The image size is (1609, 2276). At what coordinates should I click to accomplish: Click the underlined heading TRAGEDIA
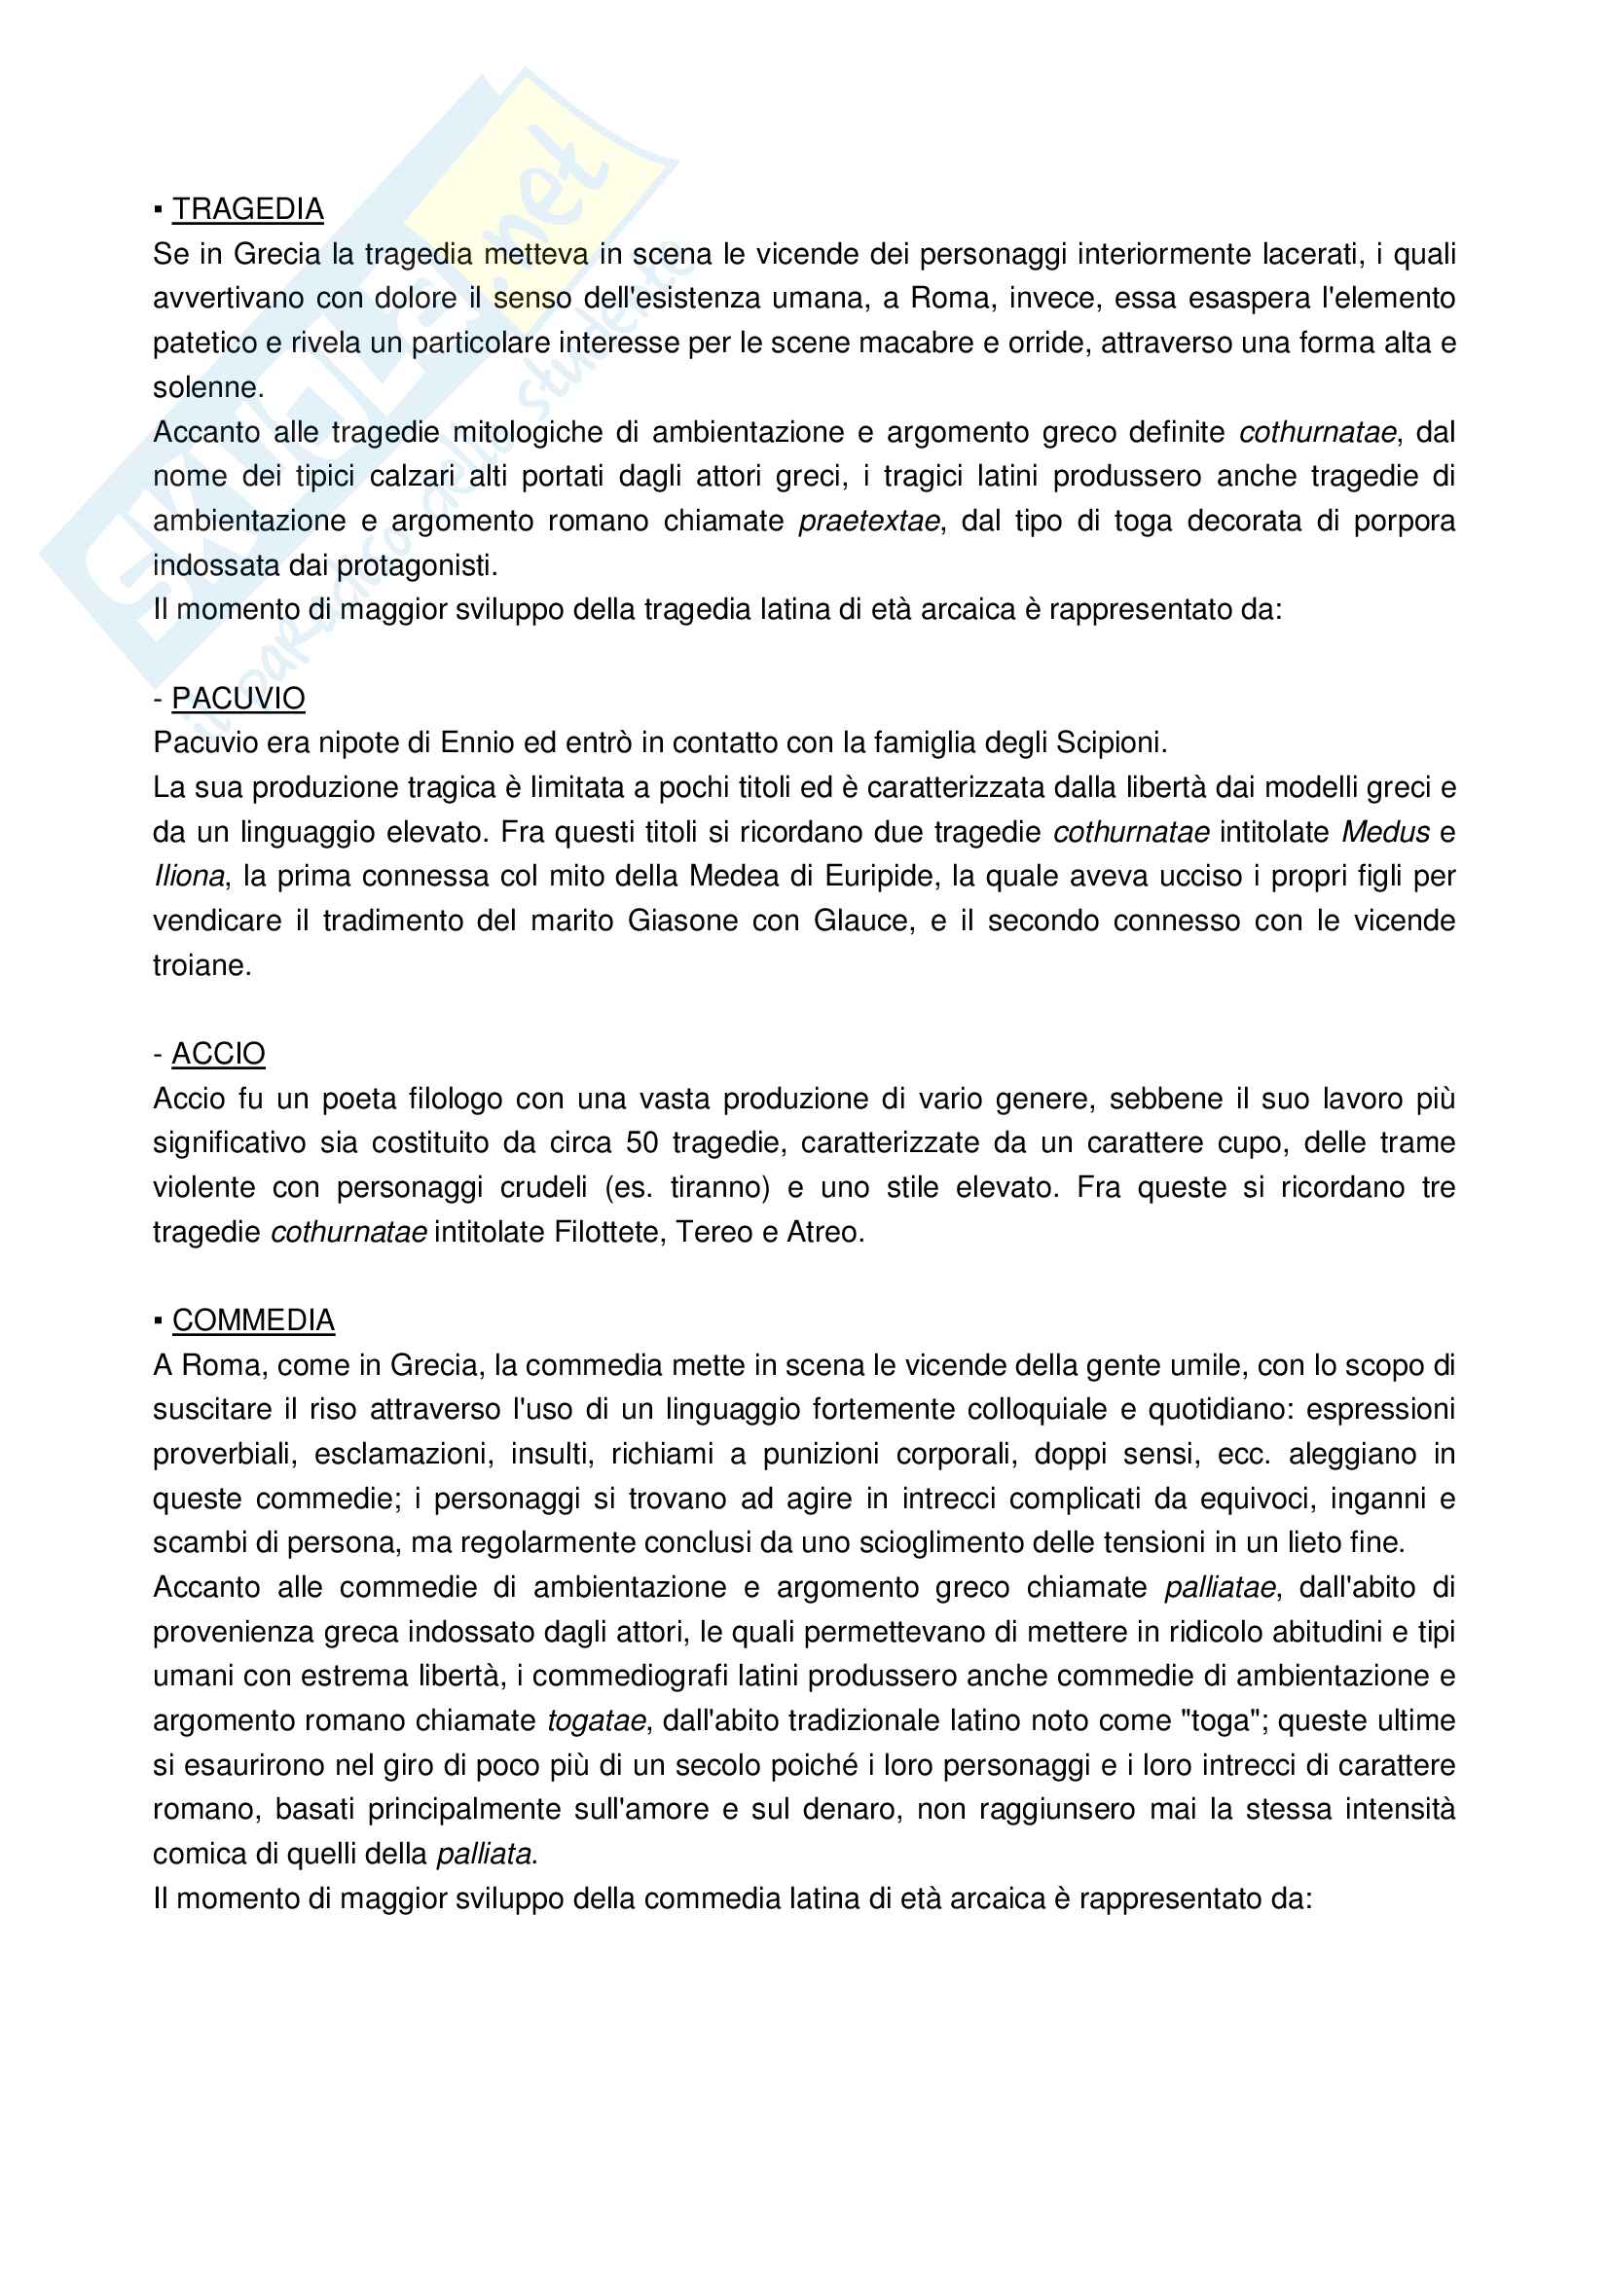click(248, 209)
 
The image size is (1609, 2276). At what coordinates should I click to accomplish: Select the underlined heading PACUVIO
click(238, 699)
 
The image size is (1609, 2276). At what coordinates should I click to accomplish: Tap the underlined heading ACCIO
click(218, 1054)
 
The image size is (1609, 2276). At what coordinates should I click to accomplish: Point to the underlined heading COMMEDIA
click(253, 1320)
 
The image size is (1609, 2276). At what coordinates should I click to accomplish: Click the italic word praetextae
click(868, 522)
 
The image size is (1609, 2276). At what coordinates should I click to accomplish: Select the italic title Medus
click(1385, 833)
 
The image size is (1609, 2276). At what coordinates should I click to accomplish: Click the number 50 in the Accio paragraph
click(641, 1143)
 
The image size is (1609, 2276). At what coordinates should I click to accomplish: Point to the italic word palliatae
click(1219, 1587)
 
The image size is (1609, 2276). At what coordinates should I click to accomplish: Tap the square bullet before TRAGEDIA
click(159, 210)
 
